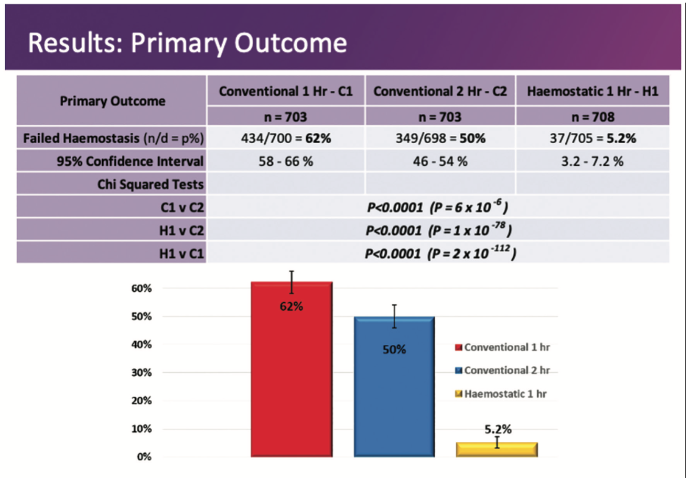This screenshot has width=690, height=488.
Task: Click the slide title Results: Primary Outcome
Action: click(x=187, y=43)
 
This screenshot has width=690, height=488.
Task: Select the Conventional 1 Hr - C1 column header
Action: click(x=286, y=91)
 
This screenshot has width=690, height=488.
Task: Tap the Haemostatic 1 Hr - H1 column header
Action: click(x=592, y=91)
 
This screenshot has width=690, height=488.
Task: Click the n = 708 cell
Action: click(x=592, y=116)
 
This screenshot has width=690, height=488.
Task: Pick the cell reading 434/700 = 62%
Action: click(x=286, y=139)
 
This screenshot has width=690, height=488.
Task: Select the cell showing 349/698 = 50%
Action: click(x=440, y=139)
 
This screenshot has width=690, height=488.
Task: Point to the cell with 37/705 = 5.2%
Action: click(x=592, y=139)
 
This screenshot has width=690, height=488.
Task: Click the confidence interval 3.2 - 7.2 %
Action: click(x=592, y=162)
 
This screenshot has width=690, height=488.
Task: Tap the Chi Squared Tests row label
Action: click(x=150, y=185)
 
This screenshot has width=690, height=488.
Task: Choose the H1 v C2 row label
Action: click(x=181, y=231)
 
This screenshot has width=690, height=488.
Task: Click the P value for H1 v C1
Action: click(x=440, y=254)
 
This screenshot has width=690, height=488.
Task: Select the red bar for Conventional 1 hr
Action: click(x=291, y=378)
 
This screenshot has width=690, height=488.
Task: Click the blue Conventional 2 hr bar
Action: click(x=394, y=394)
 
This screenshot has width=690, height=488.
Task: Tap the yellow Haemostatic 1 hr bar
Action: click(x=497, y=450)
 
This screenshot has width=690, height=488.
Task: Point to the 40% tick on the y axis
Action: click(x=141, y=345)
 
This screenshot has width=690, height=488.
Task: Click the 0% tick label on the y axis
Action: click(x=144, y=457)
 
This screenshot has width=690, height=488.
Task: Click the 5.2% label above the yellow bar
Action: click(x=498, y=429)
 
